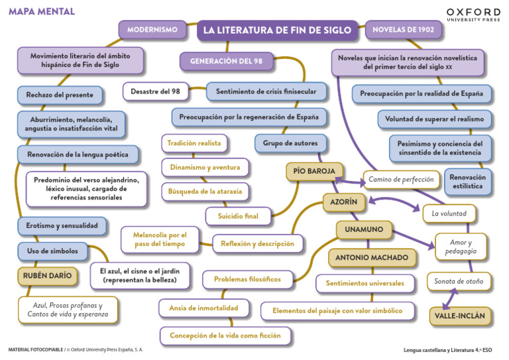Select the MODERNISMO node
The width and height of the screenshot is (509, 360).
click(152, 30)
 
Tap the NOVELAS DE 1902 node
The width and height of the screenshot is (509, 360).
click(404, 30)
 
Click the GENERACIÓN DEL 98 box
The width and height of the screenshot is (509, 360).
click(226, 61)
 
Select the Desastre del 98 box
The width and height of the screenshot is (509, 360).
click(155, 91)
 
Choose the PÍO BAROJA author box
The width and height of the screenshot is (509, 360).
click(314, 171)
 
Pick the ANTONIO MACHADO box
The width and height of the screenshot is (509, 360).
click(372, 257)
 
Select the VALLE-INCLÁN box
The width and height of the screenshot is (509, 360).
click(459, 316)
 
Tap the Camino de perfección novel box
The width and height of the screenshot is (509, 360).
click(402, 179)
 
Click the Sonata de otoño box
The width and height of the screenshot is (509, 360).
click(459, 281)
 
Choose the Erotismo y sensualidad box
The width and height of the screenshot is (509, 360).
click(62, 225)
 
